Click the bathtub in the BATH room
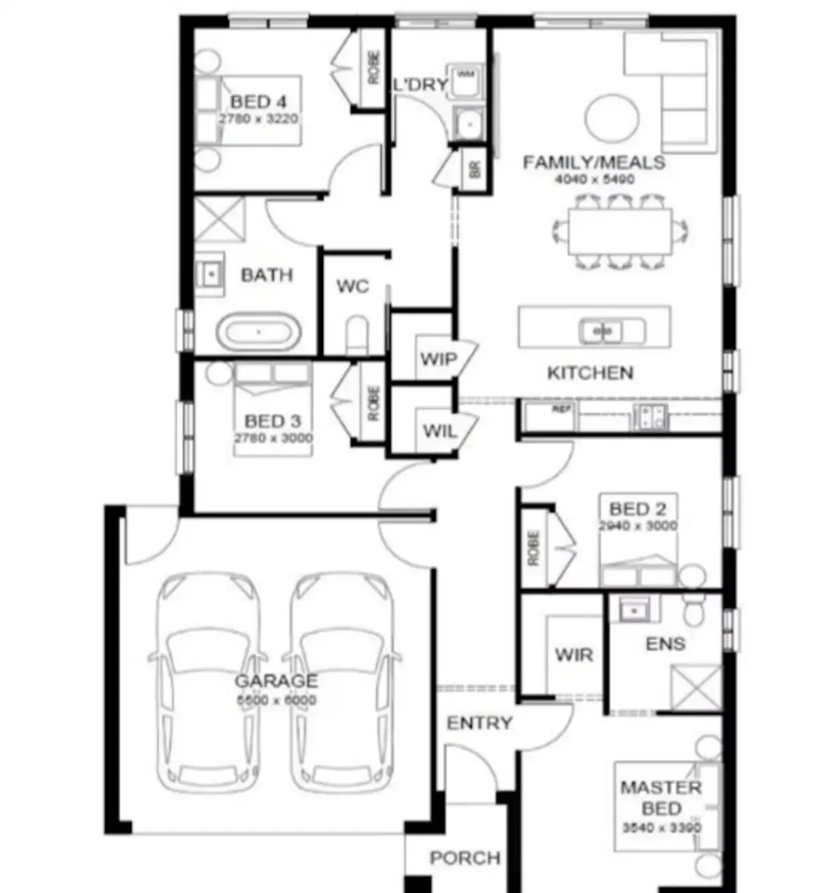click(x=259, y=332)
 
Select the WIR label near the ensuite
click(x=573, y=654)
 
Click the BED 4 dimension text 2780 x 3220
click(x=259, y=118)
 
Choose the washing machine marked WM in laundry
click(x=466, y=79)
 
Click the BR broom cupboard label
click(x=475, y=171)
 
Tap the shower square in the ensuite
click(x=696, y=688)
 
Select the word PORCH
click(x=464, y=857)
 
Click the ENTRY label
click(x=479, y=723)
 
